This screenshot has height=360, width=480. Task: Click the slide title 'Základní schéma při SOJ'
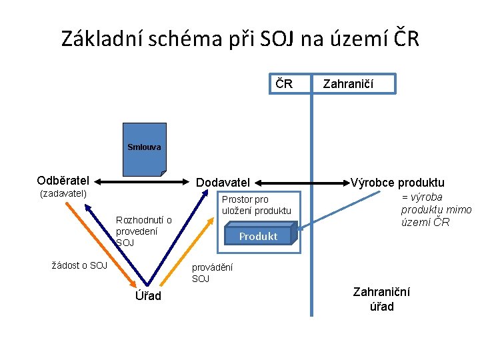[240, 39]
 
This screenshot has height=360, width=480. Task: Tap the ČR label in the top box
[285, 84]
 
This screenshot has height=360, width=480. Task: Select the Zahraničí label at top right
[348, 84]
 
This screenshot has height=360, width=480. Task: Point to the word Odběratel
[63, 180]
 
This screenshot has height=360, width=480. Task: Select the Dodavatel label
[222, 182]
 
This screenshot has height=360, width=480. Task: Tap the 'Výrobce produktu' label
[397, 183]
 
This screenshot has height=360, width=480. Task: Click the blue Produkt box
[258, 236]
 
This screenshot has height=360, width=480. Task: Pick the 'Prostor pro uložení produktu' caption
[256, 205]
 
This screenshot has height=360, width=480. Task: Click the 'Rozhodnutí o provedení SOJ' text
[143, 231]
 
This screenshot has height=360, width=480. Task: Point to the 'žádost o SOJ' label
[79, 265]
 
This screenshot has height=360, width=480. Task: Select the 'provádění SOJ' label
[212, 273]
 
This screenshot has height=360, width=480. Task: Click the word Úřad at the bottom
[148, 296]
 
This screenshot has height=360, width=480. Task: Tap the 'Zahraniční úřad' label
[381, 299]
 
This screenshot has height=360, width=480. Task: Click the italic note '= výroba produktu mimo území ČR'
[435, 209]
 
